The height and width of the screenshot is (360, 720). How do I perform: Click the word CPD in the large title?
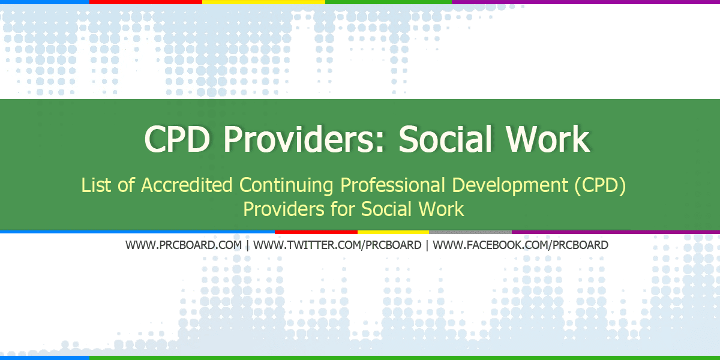tap(177, 139)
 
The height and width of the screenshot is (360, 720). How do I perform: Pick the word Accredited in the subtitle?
tap(187, 185)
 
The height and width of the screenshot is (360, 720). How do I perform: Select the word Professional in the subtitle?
tap(392, 185)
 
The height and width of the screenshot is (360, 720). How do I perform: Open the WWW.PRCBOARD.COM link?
tap(184, 245)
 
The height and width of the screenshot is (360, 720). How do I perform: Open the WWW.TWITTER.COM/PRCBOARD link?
tap(337, 245)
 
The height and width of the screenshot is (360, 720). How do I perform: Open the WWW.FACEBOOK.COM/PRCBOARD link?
tap(520, 245)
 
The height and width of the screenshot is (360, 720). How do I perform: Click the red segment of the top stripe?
tap(146, 2)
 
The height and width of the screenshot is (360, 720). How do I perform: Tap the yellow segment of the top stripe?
tap(263, 2)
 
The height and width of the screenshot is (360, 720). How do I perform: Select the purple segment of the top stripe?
tap(586, 2)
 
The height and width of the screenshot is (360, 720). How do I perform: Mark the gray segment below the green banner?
tap(470, 232)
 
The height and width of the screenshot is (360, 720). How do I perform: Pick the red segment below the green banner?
tap(316, 232)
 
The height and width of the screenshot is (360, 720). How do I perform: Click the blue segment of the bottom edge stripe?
tap(44, 358)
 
